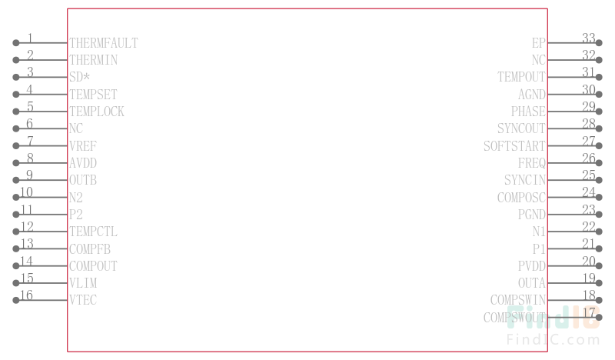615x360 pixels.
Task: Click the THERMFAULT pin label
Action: pos(104,43)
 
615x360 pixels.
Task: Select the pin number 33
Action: pos(588,38)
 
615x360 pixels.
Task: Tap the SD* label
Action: pos(80,77)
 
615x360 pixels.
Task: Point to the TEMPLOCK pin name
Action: pos(97,112)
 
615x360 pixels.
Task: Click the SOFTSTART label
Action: pos(514,146)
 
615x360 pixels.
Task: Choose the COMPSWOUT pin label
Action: pos(514,317)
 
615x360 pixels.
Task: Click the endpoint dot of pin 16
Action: pos(15,300)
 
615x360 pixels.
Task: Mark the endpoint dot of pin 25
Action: pos(599,180)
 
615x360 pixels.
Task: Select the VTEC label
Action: pos(83,300)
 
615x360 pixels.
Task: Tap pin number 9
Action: pos(29,175)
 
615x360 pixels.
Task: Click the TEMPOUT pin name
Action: pos(521,77)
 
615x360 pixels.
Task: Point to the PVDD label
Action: pos(531,266)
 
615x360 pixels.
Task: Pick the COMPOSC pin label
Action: pos(521,197)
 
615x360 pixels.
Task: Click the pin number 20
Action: pos(588,261)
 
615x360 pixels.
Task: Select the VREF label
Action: pos(83,145)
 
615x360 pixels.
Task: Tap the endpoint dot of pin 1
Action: pos(15,43)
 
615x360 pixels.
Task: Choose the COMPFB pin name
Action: pos(90,249)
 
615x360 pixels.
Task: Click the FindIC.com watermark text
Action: pos(553,339)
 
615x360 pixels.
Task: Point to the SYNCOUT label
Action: pos(521,128)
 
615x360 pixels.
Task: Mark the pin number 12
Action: pos(27,226)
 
